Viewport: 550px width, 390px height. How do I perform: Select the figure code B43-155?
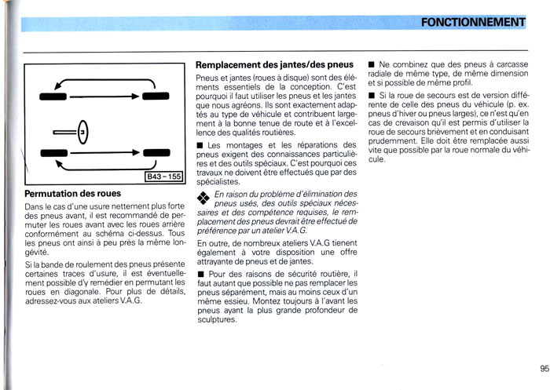pyautogui.click(x=163, y=177)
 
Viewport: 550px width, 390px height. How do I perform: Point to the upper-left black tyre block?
pyautogui.click(x=53, y=96)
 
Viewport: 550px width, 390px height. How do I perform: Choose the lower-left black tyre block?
pyautogui.click(x=53, y=153)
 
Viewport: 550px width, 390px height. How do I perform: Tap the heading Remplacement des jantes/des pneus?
pyautogui.click(x=273, y=64)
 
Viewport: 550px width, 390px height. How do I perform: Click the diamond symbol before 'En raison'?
pyautogui.click(x=203, y=197)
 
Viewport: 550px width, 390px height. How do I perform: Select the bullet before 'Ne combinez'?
pyautogui.click(x=371, y=63)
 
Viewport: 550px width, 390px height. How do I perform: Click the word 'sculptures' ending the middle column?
pyautogui.click(x=218, y=320)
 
